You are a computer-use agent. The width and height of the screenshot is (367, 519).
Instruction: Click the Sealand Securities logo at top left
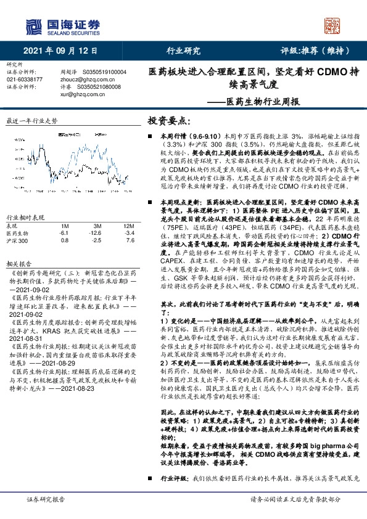point(62,26)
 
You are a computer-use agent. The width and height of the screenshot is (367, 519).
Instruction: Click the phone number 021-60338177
point(25,80)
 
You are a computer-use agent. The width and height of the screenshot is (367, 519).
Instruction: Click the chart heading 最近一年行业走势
point(30,121)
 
